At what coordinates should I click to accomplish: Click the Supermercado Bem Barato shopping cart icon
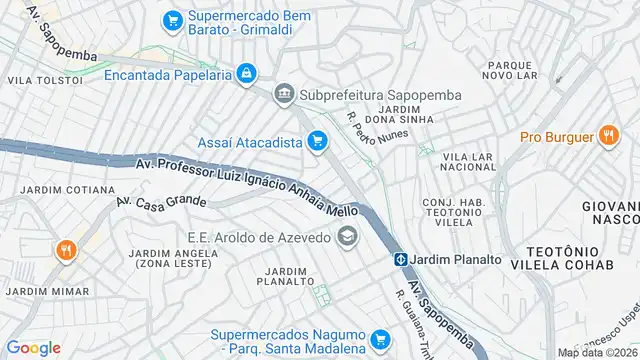pos(173,19)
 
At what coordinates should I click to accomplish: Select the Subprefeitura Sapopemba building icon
pos(284,95)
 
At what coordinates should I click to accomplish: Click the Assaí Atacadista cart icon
pos(317,141)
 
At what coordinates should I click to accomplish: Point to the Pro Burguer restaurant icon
pos(607,137)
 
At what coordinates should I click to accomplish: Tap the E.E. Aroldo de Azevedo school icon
pos(347,236)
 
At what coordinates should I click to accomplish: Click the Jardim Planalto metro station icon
pos(399,259)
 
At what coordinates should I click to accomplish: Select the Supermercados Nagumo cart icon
pos(378,340)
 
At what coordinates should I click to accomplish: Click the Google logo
pos(34,348)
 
